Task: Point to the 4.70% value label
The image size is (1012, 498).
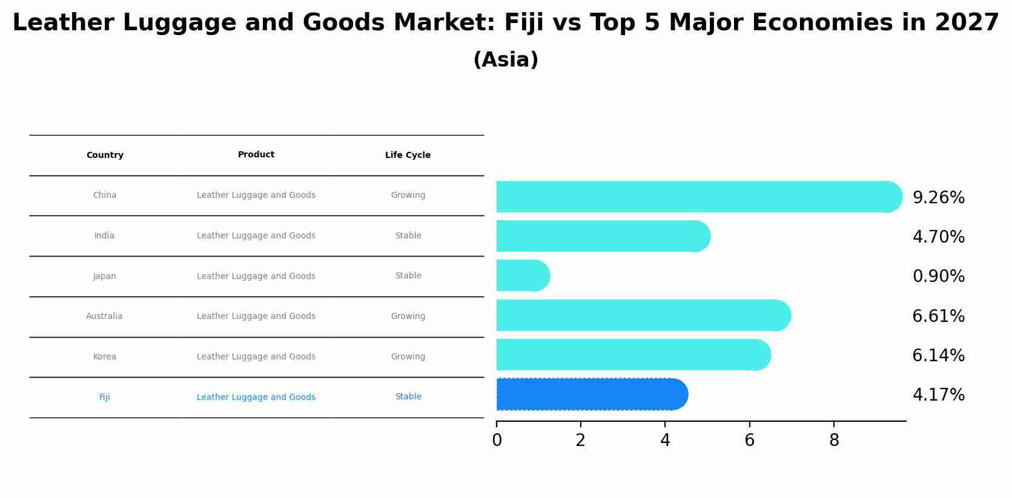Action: pos(938,237)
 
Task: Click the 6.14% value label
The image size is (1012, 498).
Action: pos(938,356)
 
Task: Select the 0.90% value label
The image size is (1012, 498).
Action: pos(938,277)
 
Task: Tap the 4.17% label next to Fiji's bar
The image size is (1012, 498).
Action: pos(938,395)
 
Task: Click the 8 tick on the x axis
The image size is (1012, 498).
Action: pos(834,441)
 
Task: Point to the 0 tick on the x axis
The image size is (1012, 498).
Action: pos(497,441)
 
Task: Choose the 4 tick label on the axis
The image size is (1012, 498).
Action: pos(665,441)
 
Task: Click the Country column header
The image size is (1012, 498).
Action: pos(105,156)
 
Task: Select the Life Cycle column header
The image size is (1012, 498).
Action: pos(408,156)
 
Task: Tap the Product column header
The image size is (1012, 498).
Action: pos(256,155)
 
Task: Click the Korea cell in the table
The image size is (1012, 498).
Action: pos(104,357)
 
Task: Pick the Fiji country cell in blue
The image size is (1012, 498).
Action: pos(104,398)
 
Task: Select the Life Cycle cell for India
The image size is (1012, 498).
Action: pos(408,236)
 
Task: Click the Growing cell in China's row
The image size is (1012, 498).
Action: pos(408,195)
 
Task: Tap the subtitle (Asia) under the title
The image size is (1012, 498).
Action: pos(505,60)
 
